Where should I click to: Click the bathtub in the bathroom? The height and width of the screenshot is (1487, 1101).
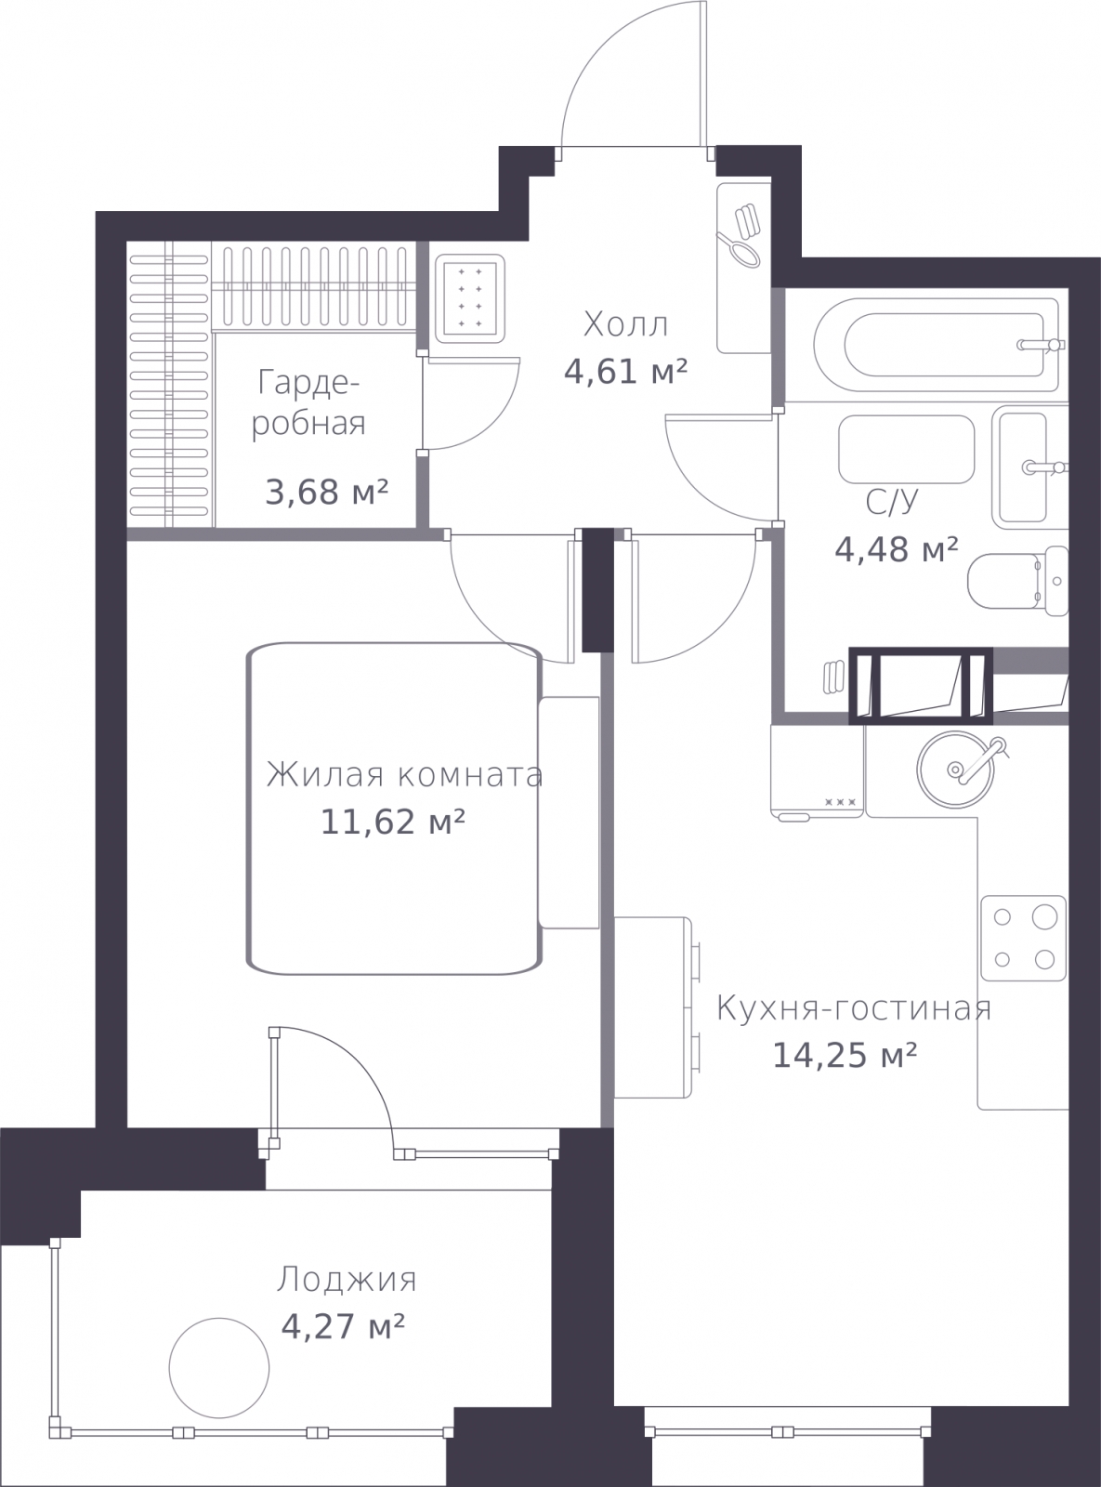coord(939,345)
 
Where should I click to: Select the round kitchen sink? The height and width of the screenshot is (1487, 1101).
coord(956,769)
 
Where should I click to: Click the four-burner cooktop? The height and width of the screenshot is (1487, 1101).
coord(1023,940)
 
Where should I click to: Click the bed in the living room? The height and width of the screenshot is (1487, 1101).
coord(394,809)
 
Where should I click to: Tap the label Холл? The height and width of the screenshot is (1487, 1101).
coord(625,325)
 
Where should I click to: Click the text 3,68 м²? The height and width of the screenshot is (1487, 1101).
coord(326,492)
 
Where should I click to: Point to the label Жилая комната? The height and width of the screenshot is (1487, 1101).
coord(404,775)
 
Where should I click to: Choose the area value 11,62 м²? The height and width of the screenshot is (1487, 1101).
coord(393,822)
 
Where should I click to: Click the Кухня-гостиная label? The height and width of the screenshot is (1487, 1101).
coord(854,1009)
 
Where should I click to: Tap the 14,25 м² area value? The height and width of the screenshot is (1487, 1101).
coord(845,1056)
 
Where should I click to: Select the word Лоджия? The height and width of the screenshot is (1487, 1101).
coord(347,1280)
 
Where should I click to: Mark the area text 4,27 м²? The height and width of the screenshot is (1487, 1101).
coord(343,1327)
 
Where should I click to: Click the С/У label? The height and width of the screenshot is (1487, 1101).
coord(891,502)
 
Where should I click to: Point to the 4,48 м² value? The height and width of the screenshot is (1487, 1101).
coord(896,550)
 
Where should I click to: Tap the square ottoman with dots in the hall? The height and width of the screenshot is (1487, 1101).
coord(469,298)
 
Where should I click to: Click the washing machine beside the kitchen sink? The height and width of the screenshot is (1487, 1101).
coord(818,771)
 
